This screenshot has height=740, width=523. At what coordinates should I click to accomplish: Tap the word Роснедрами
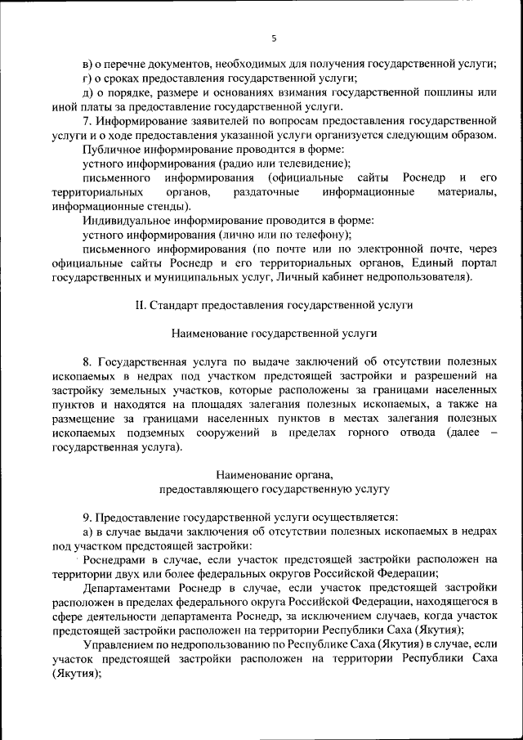(x=116, y=560)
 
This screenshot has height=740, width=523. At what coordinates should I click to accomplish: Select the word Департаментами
(x=128, y=588)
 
